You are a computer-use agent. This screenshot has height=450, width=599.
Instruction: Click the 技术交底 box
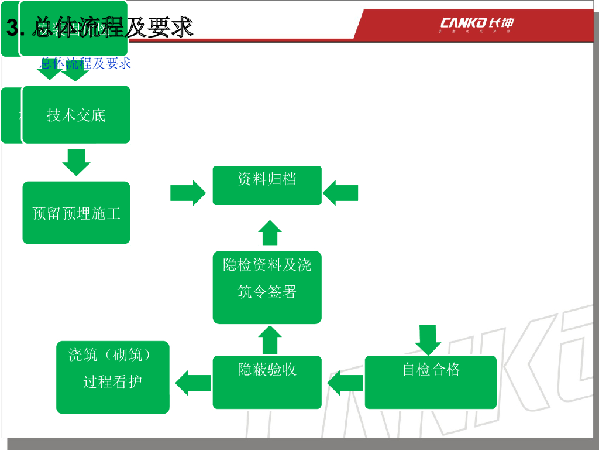click(76, 115)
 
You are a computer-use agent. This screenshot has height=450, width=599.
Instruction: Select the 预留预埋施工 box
click(76, 213)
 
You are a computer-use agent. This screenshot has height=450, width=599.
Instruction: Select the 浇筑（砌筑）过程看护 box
click(113, 377)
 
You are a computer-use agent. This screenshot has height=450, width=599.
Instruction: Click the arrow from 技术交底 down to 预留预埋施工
click(76, 162)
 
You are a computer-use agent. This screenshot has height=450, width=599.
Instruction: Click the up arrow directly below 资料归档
click(270, 233)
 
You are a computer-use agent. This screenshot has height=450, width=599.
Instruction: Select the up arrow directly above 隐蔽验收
click(270, 340)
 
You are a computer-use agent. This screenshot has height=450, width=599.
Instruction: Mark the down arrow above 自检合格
click(428, 339)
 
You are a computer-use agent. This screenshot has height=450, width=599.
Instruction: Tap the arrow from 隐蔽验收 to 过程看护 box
click(193, 383)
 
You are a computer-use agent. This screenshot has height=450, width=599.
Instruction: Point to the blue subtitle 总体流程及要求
click(85, 63)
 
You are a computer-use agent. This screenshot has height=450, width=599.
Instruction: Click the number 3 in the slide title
click(12, 28)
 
